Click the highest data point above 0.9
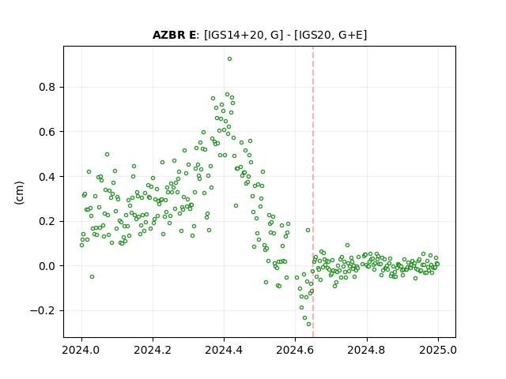tap(229, 59)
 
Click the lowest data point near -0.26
tap(309, 325)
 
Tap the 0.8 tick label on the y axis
tap(47, 88)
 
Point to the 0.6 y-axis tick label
tap(47, 132)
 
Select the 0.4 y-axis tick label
tap(47, 177)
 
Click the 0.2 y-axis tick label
tap(47, 221)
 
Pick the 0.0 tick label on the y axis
tap(47, 266)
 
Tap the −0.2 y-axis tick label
tap(43, 310)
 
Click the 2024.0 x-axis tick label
tap(81, 350)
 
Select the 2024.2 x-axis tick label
tap(153, 350)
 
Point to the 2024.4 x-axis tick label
tap(224, 350)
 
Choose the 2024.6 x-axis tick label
tap(295, 350)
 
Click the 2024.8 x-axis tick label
tap(367, 350)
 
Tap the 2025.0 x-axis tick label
tap(438, 350)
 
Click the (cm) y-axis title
tap(19, 193)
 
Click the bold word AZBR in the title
tap(168, 35)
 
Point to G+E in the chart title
tap(350, 35)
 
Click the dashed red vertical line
tap(313, 192)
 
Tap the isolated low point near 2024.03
tap(92, 277)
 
